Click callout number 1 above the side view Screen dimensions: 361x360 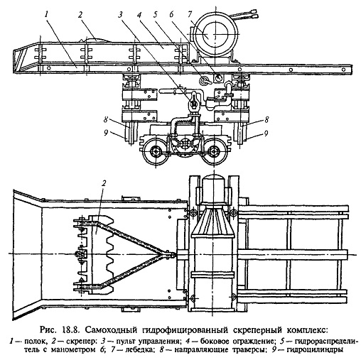[47, 14]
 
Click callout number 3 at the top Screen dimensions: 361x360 [120, 15]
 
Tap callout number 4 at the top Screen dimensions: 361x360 [139, 15]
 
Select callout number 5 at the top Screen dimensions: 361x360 [155, 15]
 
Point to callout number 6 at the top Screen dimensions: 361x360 [171, 15]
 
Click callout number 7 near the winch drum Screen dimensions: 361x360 [190, 15]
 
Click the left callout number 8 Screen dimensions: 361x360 [106, 120]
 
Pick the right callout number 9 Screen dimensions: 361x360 [266, 133]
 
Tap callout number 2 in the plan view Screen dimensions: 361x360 [104, 183]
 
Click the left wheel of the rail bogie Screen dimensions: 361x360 [156, 152]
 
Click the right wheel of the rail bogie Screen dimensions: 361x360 [214, 152]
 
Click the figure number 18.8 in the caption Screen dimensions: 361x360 [69, 329]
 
